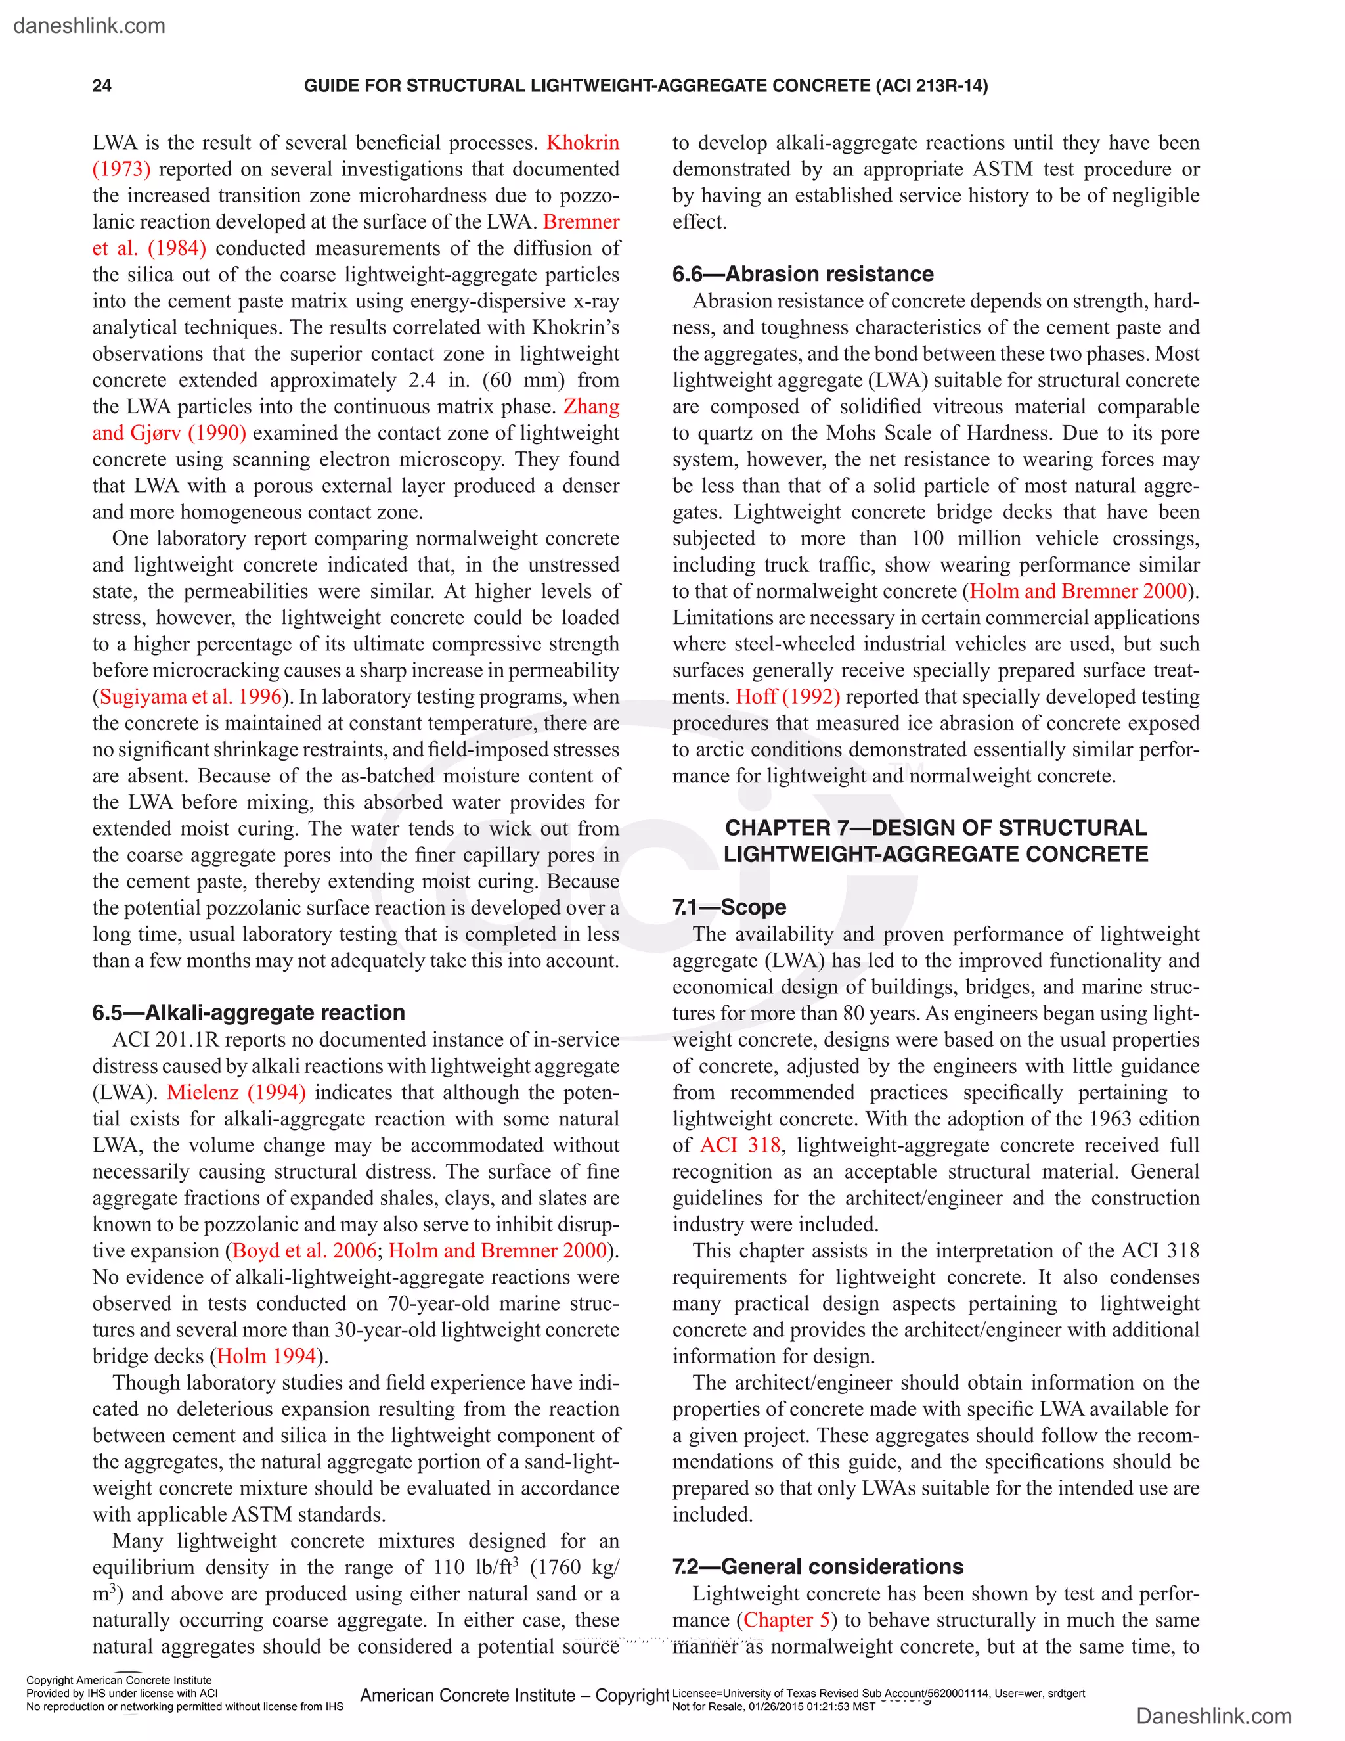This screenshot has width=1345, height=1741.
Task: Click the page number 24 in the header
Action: (x=102, y=86)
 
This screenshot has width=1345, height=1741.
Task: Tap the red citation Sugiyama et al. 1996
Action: (x=190, y=696)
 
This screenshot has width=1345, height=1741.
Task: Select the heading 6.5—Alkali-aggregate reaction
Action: (x=249, y=1012)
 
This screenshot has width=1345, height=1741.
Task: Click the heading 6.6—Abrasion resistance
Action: (x=803, y=274)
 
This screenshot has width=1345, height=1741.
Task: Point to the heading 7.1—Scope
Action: (x=729, y=907)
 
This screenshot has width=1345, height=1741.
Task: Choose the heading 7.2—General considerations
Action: (x=818, y=1566)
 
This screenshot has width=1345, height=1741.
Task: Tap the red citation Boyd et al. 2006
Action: (x=304, y=1251)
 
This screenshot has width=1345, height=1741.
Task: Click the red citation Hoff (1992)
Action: (x=787, y=696)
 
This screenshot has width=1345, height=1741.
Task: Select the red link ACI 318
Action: (x=740, y=1146)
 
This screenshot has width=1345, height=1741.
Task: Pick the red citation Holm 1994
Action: (x=266, y=1356)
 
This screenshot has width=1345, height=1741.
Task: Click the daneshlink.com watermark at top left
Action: (x=89, y=26)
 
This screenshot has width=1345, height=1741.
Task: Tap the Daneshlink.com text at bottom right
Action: (x=1214, y=1715)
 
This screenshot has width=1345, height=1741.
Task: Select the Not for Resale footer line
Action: (x=773, y=1707)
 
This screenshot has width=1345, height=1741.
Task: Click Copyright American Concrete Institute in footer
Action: (x=119, y=1681)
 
